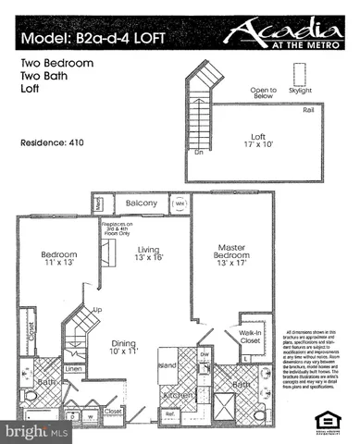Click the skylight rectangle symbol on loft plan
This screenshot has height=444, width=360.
(299, 75)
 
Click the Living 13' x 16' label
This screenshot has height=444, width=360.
(147, 253)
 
